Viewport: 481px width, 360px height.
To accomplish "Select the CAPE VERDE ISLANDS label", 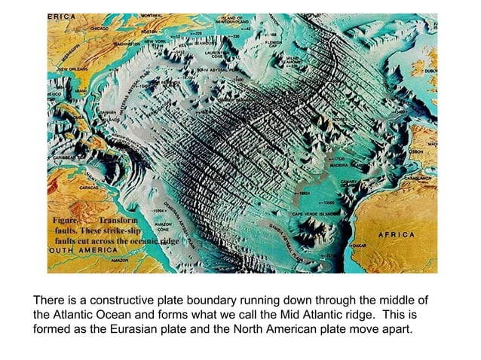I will click(317, 213).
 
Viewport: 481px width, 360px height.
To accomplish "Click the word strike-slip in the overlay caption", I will click(114, 230).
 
